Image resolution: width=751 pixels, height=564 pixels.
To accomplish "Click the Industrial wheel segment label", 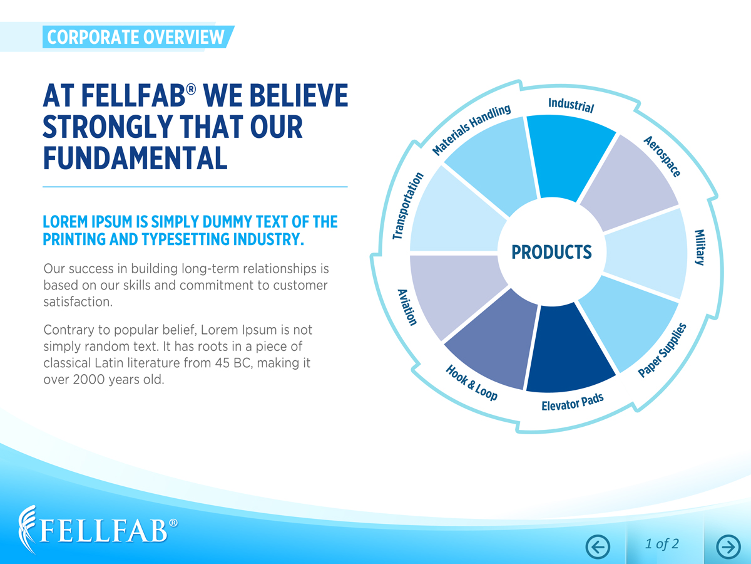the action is (571, 105).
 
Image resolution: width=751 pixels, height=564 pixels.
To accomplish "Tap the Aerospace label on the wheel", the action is (662, 156).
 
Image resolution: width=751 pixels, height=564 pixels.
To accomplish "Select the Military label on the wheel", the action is (700, 248).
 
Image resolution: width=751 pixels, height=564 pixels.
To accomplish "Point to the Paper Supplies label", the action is (662, 350).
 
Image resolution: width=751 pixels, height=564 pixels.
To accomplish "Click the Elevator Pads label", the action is (573, 402).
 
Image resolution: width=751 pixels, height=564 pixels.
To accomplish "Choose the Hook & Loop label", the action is (471, 382).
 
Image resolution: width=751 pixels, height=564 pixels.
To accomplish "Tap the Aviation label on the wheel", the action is (407, 307).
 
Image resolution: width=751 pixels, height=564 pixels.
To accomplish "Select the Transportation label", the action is (408, 206).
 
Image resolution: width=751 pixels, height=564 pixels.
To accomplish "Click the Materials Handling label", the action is (471, 130).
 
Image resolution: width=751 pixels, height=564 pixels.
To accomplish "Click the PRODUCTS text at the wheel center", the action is (551, 252).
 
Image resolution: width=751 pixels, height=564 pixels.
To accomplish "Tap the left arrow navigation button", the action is (598, 547).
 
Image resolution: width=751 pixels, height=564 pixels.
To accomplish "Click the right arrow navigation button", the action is (728, 547).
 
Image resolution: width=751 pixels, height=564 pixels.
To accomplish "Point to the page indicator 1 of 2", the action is (662, 544).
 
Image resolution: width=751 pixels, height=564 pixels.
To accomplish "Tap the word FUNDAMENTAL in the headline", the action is (135, 158).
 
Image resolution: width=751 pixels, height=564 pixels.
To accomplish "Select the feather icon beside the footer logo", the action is (28, 530).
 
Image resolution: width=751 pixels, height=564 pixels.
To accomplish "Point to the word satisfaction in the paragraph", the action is (78, 301).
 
